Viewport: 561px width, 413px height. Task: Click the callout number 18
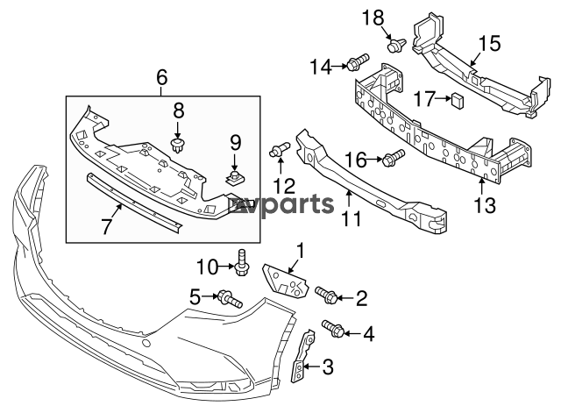[373, 17]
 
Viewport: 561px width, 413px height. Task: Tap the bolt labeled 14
[356, 62]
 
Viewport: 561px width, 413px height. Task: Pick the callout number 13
[485, 206]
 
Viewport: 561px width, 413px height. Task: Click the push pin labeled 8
[179, 144]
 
